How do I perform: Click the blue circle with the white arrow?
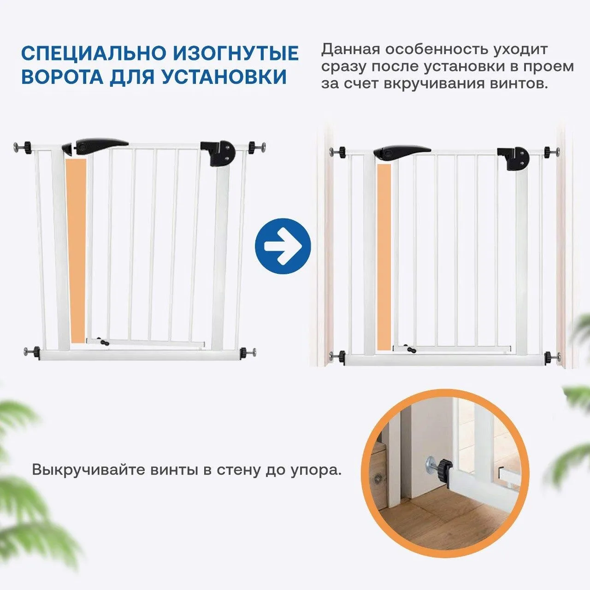(283, 246)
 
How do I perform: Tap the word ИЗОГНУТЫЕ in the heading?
(236, 53)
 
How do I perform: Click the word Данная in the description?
(350, 49)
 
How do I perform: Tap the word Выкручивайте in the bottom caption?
(87, 471)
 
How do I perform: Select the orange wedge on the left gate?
(77, 249)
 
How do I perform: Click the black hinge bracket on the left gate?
(218, 153)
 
